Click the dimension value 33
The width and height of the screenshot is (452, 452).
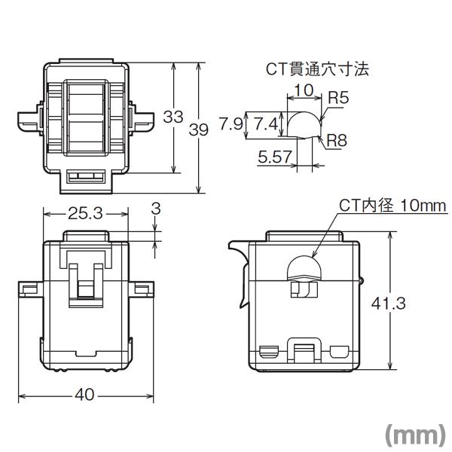[174, 117]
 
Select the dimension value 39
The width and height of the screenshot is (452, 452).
[199, 130]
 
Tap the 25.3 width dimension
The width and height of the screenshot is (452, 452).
[85, 213]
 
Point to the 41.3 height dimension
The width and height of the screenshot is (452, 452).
[390, 303]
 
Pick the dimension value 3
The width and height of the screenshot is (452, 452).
[156, 208]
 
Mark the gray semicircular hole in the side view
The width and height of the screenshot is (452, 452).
[303, 268]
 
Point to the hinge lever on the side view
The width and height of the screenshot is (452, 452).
[240, 260]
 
